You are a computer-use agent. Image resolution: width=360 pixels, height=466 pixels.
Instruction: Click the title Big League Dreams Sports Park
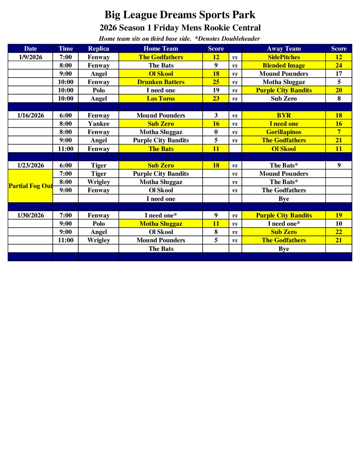(x=180, y=15)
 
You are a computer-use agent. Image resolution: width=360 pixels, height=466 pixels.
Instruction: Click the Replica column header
(x=99, y=49)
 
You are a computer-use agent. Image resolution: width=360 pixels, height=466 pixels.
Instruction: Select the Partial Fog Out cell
(x=30, y=186)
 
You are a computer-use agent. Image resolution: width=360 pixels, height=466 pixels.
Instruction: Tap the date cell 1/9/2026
(x=30, y=57)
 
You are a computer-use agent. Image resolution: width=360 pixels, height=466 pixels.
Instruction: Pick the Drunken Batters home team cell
(x=161, y=82)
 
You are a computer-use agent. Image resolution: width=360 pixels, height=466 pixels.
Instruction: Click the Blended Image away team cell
(x=284, y=66)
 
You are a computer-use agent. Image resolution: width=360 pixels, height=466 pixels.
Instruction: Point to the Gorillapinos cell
(x=284, y=132)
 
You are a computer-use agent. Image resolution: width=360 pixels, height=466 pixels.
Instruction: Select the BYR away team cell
(x=284, y=116)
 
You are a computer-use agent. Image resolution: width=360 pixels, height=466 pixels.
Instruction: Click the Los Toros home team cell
(x=161, y=99)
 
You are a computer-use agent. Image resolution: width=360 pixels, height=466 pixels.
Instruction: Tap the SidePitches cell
(x=284, y=57)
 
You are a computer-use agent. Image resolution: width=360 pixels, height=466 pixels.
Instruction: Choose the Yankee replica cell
(x=99, y=124)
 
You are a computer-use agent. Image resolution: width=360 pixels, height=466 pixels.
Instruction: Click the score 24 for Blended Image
(x=338, y=66)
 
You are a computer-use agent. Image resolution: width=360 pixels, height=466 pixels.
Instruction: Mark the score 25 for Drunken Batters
(x=216, y=82)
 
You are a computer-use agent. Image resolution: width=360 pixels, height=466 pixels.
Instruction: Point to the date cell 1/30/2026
(x=30, y=215)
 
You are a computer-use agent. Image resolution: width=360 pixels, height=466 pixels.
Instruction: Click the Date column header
(x=30, y=49)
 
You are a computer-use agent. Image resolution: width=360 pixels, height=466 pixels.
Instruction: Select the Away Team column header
(x=284, y=49)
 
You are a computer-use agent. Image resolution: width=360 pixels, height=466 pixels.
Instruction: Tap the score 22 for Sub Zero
(x=338, y=232)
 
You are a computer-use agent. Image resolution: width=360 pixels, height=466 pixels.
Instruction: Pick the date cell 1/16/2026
(x=30, y=116)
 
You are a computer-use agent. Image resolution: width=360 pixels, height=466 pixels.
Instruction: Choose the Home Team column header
(x=161, y=49)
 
